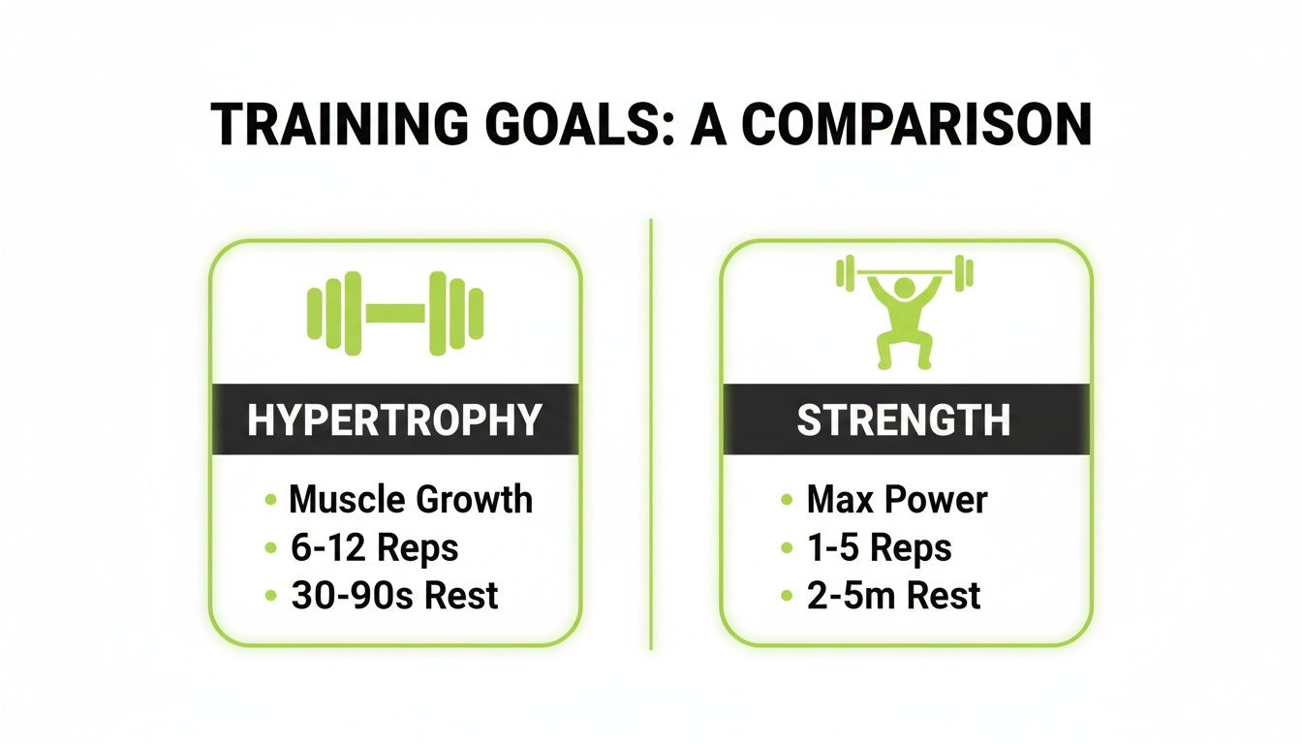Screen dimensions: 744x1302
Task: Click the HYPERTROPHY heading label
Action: (394, 420)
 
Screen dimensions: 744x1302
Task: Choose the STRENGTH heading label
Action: (904, 420)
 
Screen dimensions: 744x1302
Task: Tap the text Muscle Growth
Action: (411, 500)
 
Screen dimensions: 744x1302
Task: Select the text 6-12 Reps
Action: (374, 547)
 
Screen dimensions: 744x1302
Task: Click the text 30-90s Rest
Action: (394, 595)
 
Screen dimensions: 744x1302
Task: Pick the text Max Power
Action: (897, 500)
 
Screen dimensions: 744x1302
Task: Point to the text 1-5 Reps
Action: (880, 547)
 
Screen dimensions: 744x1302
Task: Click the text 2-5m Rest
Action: (893, 595)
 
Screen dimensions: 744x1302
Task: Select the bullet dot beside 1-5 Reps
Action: (787, 549)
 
